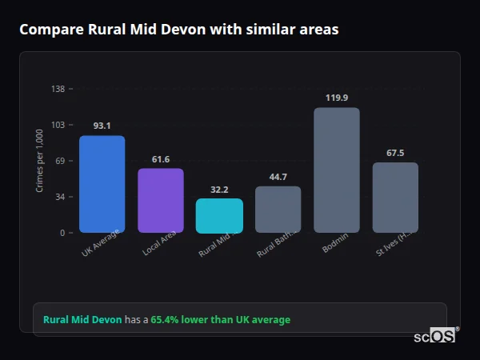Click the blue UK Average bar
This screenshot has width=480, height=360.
pos(102,184)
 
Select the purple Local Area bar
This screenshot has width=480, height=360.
pos(160,200)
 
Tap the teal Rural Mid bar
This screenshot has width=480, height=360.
pos(219,215)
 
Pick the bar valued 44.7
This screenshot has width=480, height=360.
pos(278,210)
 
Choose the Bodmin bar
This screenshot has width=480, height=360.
pos(337,170)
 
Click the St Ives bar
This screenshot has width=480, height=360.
pos(395,198)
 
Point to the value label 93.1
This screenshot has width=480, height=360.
pos(102,126)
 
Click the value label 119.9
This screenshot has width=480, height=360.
pos(337,98)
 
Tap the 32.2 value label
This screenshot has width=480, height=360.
pos(219,190)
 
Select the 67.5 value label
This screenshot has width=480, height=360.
pos(395,153)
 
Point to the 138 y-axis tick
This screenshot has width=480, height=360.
pos(58,89)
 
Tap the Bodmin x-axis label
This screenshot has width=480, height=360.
pos(335,244)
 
